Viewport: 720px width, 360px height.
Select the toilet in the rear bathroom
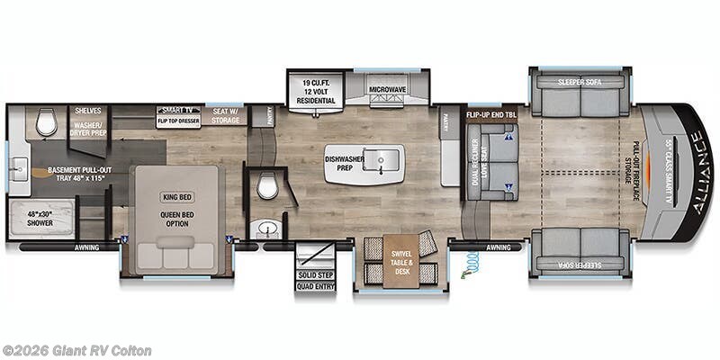coord(47,123)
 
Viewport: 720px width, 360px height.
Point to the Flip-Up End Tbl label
coord(491,115)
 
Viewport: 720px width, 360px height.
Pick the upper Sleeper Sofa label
coord(579,82)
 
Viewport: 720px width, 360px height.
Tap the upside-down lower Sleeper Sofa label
coord(579,266)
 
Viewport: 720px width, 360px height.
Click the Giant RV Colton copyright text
coord(76,350)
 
